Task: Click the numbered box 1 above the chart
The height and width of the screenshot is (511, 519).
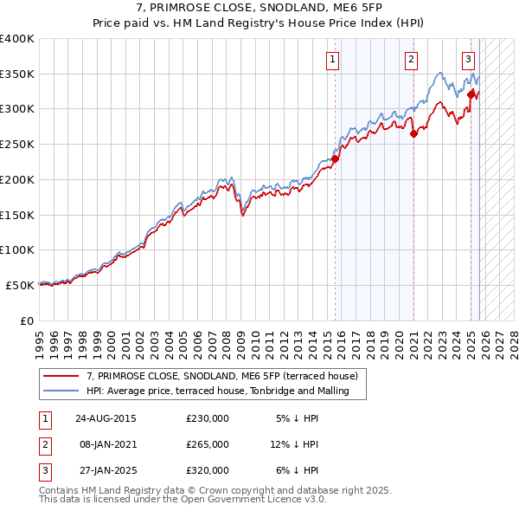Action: pos(333,60)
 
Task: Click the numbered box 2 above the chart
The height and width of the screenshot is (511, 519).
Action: pos(410,60)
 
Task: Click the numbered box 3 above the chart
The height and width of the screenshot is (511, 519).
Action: pos(468,60)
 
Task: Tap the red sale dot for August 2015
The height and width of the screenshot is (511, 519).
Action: pos(335,158)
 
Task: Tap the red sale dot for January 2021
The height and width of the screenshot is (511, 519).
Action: pos(413,133)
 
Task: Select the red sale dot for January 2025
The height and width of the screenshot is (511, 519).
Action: pos(471,94)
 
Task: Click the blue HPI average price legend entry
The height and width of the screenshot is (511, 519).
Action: pos(217,391)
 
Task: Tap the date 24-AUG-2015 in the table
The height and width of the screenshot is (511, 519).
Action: pos(106,418)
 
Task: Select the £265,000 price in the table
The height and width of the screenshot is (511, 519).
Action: pos(208,444)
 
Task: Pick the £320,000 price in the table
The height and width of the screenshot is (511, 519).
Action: pos(208,470)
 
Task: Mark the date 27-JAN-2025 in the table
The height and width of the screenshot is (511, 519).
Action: pos(106,470)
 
